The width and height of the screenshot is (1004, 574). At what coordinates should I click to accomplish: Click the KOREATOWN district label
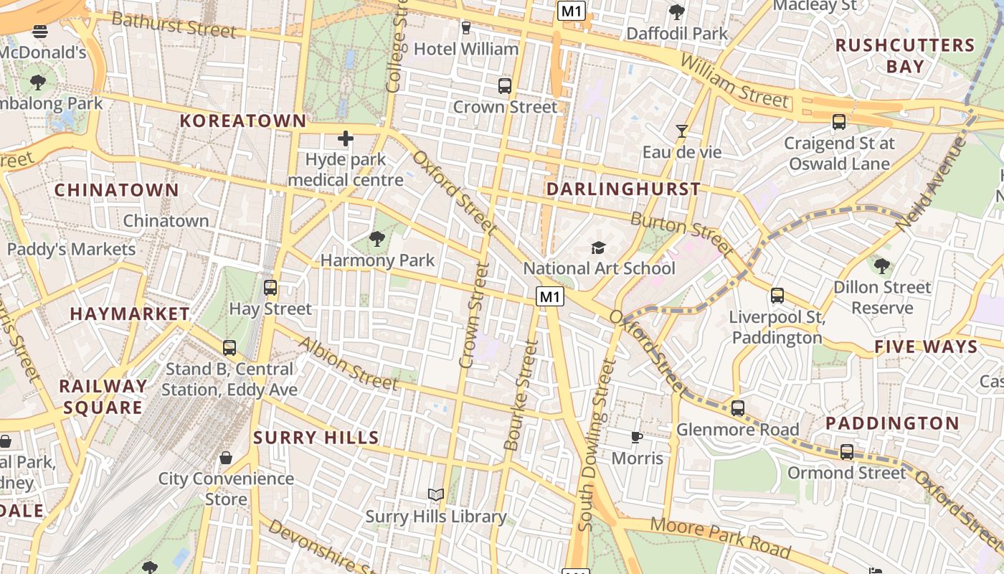(242, 121)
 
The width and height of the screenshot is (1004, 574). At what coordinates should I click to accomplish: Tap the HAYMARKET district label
(130, 314)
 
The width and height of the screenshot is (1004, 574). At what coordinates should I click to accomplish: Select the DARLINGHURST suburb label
(623, 189)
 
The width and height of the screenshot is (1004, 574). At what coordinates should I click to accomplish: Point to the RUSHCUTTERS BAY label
(905, 56)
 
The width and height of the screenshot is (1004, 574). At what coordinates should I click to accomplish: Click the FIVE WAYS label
(926, 347)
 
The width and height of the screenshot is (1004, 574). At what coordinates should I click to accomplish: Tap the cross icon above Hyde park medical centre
(346, 138)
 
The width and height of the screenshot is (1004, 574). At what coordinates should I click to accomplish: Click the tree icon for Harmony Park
(376, 239)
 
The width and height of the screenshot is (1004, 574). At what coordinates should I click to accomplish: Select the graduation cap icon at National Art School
(598, 248)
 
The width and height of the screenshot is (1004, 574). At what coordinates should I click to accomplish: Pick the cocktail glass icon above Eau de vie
(681, 131)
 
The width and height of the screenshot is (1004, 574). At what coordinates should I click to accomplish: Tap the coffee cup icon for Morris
(636, 437)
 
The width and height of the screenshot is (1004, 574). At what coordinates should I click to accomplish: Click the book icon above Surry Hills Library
(435, 494)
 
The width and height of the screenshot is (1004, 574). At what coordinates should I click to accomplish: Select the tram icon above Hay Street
(270, 288)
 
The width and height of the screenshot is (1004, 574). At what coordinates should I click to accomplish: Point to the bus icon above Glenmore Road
(738, 408)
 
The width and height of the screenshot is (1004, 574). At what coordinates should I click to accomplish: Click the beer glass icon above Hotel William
(466, 28)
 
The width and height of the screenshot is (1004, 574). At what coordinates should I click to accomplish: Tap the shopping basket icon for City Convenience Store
(226, 457)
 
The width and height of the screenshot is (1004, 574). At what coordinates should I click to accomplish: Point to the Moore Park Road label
(720, 537)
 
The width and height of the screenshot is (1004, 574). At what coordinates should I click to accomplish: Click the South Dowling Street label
(597, 445)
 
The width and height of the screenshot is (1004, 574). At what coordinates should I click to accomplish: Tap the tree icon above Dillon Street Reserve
(882, 266)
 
